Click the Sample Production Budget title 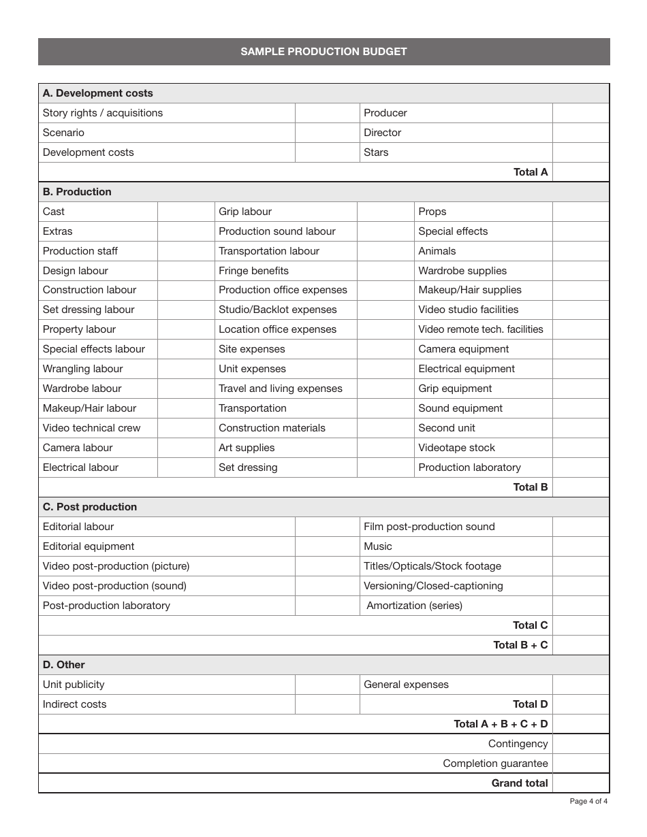323,52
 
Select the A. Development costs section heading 97,93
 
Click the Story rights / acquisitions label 103,113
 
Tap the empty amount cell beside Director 580,133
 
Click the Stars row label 376,152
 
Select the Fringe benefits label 253,271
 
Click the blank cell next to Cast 186,212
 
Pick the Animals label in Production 437,251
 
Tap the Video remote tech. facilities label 480,329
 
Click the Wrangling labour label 82,369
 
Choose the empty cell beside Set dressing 385,467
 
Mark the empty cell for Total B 580,487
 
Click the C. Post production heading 89,507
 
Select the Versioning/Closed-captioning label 433,586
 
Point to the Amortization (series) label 414,606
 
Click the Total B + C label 520,645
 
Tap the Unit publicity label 74,685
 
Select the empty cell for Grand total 580,783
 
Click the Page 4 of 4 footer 588,801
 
